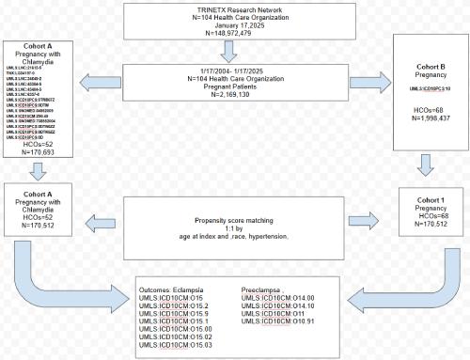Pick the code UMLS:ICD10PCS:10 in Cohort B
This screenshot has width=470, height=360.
[x=417, y=87]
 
